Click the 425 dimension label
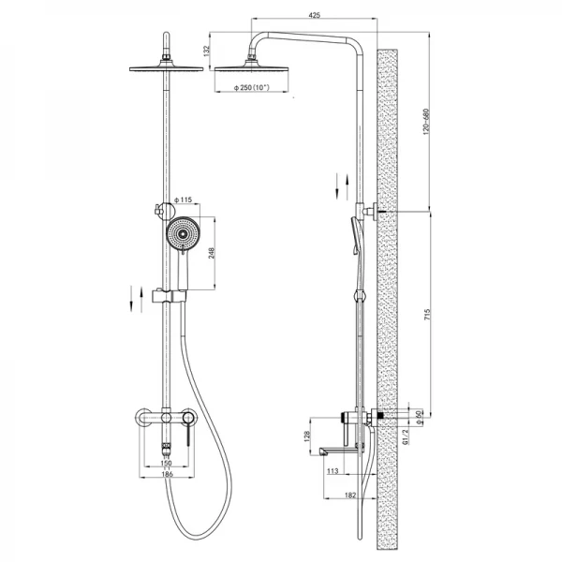pos(314,15)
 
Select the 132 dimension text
pos(206,51)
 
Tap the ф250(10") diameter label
pos(252,87)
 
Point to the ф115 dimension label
pos(184,200)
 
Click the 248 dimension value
pos(212,253)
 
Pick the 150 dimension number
pos(166,463)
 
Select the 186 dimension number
pos(167,474)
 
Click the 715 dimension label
pos(427,314)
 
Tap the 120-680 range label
pos(426,122)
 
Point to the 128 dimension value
pos(307,436)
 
